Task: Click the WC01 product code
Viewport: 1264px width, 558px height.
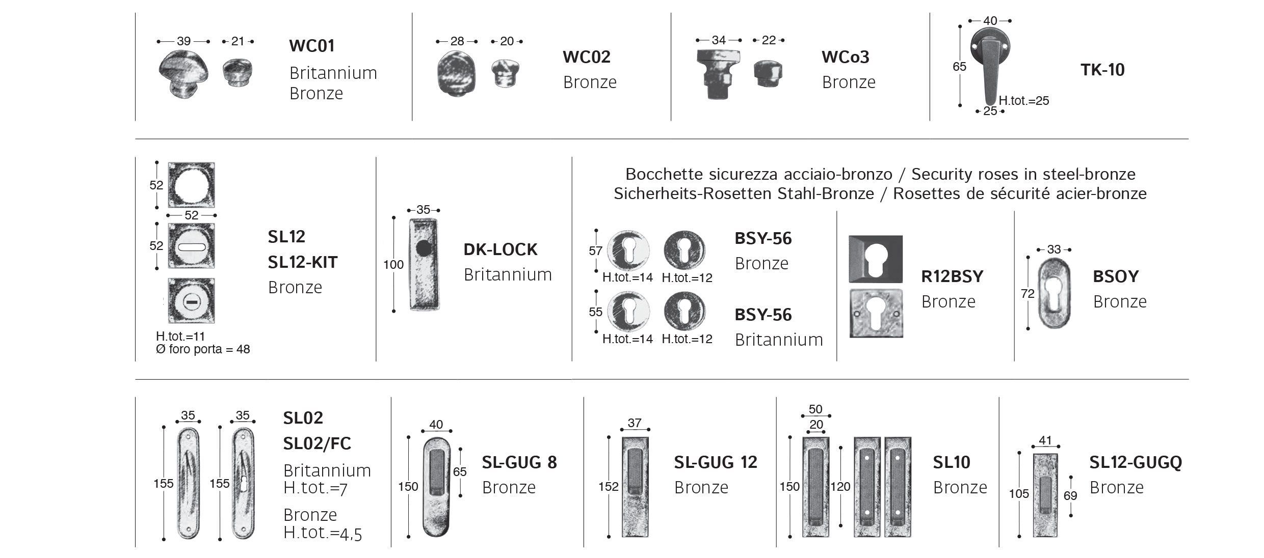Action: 311,46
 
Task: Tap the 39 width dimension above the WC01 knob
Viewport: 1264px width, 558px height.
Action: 183,41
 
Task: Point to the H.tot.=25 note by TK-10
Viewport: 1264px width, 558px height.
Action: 1023,101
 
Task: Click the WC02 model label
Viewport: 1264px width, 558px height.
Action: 586,57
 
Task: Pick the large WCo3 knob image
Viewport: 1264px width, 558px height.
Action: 718,74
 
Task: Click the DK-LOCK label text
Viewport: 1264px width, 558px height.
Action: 500,249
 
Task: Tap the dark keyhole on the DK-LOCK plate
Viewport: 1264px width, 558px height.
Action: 423,248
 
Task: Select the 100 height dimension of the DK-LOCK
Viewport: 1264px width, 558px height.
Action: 393,265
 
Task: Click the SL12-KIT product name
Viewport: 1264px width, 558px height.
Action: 303,262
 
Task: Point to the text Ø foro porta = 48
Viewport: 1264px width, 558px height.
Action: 203,349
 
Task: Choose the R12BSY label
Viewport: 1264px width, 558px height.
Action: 952,276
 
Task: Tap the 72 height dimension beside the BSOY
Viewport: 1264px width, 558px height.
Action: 1028,294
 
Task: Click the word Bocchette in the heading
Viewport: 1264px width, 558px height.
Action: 657,174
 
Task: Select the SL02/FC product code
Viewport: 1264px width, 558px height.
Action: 317,443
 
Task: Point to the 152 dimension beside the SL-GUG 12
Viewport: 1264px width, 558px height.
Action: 609,487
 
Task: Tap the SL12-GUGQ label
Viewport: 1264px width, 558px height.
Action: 1136,462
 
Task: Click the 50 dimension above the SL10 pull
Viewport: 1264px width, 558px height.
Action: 815,409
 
